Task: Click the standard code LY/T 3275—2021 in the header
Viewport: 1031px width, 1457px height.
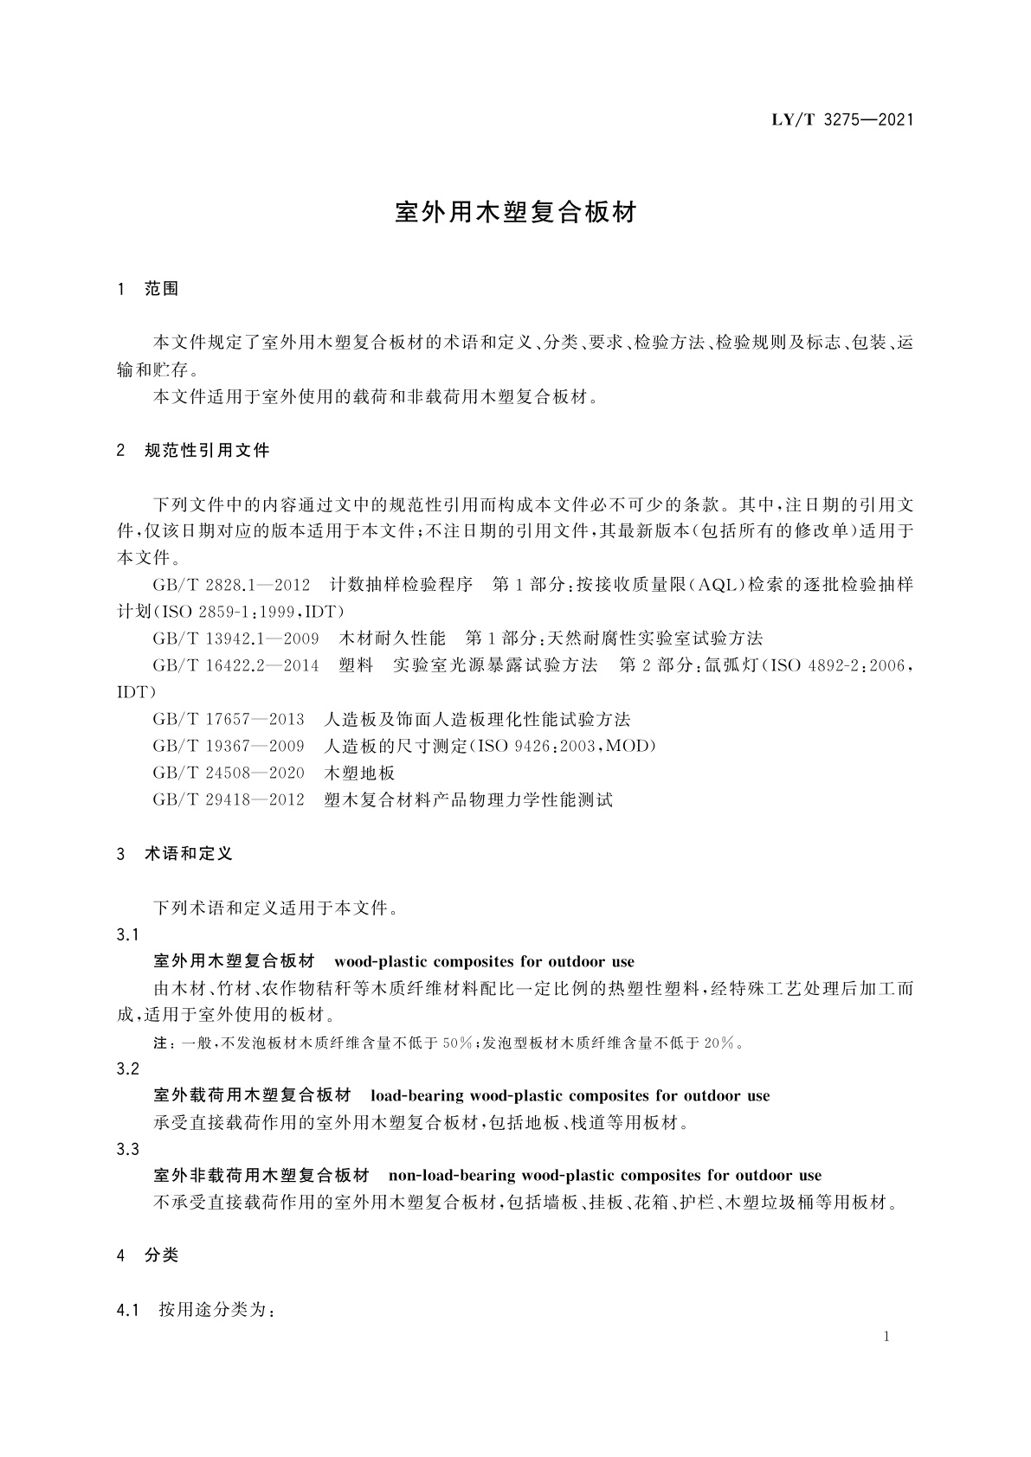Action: coord(841,120)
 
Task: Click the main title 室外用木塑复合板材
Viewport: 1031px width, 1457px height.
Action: coord(515,212)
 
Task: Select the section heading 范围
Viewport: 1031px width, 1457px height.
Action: coord(162,289)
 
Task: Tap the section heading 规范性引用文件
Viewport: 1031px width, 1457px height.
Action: coord(207,450)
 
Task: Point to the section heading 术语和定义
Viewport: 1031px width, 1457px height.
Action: coord(189,853)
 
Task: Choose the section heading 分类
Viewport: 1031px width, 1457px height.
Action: coord(162,1255)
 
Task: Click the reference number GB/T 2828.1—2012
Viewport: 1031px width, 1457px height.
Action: coord(231,585)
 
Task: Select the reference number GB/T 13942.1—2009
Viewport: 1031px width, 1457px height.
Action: coord(235,639)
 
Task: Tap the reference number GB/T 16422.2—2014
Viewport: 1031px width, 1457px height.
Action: coord(235,665)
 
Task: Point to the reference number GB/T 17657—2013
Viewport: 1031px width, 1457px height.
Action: coord(229,719)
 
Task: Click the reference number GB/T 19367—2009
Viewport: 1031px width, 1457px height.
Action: coord(229,746)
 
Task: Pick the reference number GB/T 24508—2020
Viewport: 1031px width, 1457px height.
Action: coord(229,773)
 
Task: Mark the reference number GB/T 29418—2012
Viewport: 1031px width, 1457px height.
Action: coord(229,799)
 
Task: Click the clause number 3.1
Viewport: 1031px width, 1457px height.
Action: coord(127,934)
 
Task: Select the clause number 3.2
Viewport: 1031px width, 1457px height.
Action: coord(127,1069)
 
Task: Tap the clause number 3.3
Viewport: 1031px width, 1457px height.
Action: coord(127,1149)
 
